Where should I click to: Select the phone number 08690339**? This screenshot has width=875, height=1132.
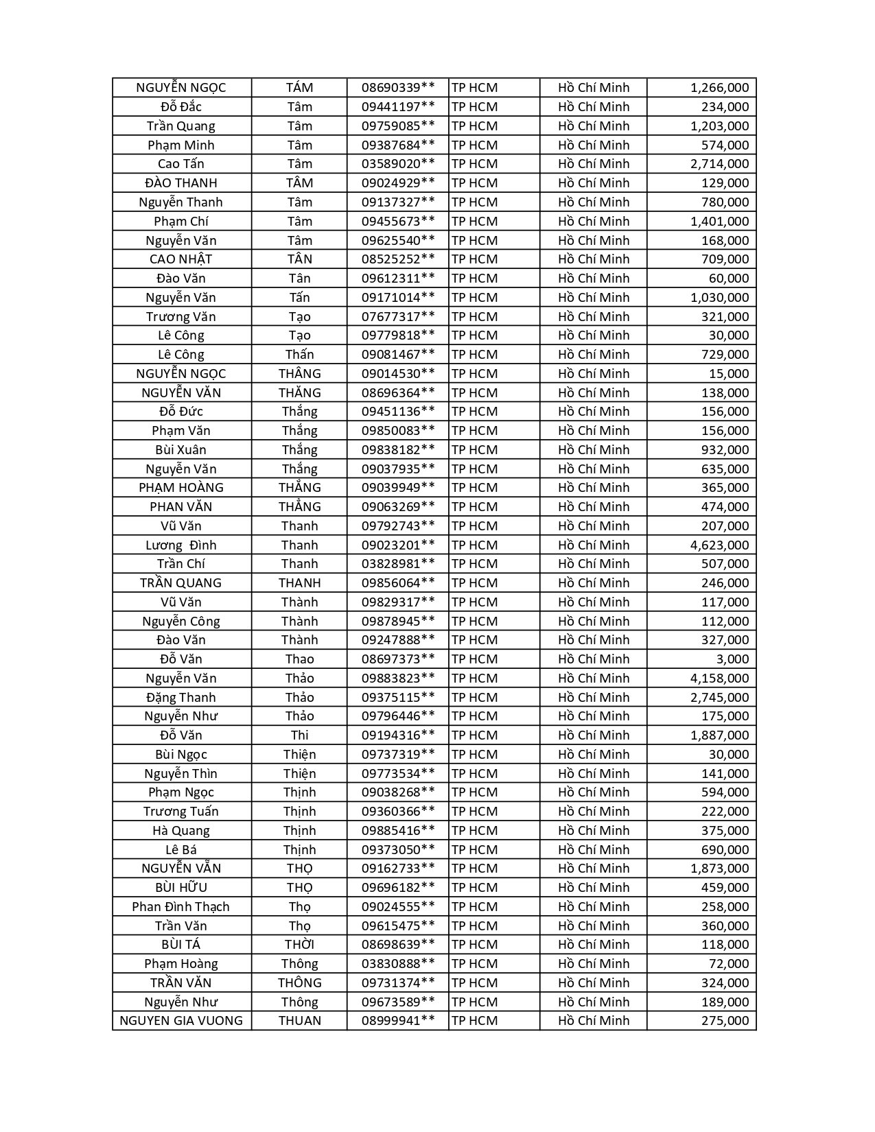(x=398, y=88)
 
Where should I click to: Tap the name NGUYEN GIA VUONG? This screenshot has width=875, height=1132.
(x=181, y=1021)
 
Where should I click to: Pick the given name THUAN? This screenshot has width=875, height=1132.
(x=300, y=1021)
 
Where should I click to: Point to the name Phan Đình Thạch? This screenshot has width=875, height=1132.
(x=181, y=907)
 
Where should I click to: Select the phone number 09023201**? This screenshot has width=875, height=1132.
(x=398, y=545)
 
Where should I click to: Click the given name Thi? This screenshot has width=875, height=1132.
(x=300, y=735)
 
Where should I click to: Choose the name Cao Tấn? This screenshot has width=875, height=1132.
(x=181, y=164)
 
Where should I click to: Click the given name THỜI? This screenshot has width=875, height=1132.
(x=300, y=945)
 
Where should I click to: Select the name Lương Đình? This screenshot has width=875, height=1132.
(x=181, y=545)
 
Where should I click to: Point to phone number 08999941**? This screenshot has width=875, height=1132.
(x=398, y=1021)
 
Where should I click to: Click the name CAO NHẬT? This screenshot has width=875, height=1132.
(x=181, y=259)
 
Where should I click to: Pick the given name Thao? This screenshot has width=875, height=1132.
(x=300, y=659)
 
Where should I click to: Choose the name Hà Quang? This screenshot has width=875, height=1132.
(x=181, y=831)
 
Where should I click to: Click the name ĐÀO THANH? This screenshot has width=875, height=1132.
(x=181, y=183)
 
